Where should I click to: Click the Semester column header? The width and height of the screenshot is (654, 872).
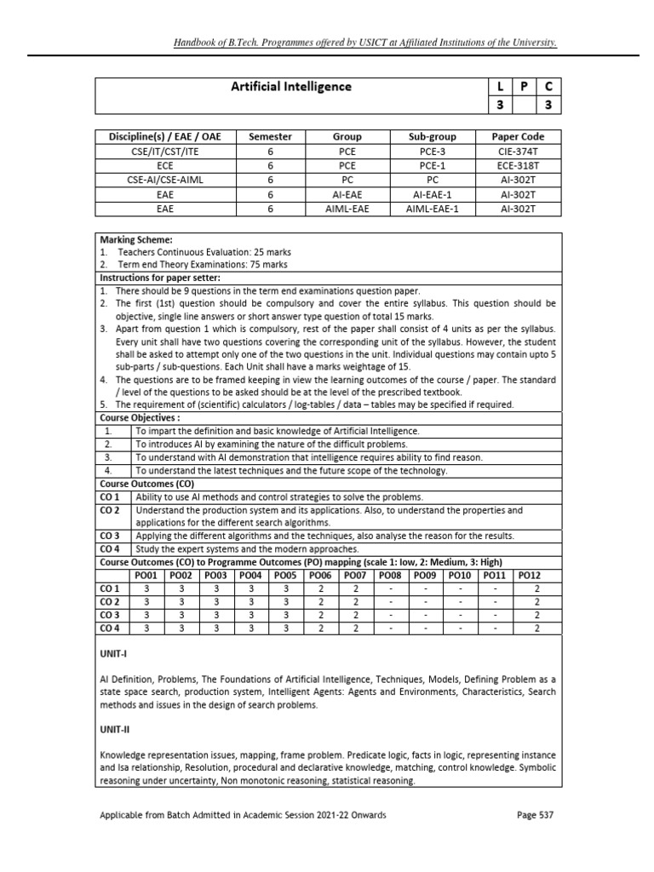tap(270, 136)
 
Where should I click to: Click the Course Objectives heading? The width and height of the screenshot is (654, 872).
tap(141, 418)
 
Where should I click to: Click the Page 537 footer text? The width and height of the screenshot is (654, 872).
tap(536, 815)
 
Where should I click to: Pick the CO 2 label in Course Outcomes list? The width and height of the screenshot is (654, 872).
tap(111, 510)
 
